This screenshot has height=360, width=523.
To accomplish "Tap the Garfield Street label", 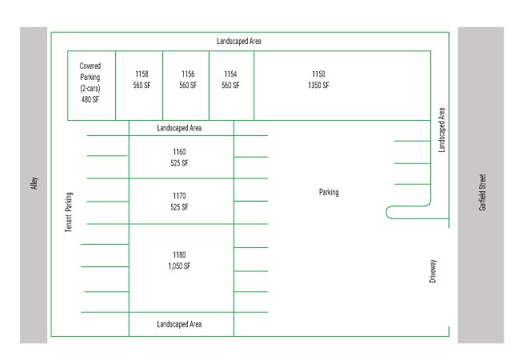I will (x=481, y=192).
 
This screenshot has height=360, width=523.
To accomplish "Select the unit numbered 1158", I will (x=142, y=74).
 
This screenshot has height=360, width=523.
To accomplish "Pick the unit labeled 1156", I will (x=188, y=74).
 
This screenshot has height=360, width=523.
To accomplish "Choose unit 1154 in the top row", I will (x=230, y=74).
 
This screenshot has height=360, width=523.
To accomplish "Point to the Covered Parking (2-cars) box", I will (x=90, y=82).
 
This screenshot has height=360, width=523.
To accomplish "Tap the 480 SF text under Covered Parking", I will (x=90, y=100).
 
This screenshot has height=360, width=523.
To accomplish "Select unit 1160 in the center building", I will (x=179, y=151).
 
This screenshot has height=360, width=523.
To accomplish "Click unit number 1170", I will (x=179, y=195).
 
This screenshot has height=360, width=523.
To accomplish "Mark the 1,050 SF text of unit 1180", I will (x=179, y=266).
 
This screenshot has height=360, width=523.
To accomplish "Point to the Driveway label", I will (x=433, y=271).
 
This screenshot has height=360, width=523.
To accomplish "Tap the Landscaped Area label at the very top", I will (x=239, y=41).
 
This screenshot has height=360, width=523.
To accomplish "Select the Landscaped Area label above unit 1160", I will (x=179, y=128).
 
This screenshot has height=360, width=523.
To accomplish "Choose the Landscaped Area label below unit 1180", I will (x=179, y=324).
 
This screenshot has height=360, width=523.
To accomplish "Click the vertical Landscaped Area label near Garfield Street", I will (x=441, y=130).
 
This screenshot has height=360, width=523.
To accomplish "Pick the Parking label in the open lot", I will (x=329, y=192).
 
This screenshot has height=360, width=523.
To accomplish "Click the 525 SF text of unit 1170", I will (x=179, y=207).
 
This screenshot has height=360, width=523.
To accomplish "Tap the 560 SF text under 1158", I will (x=142, y=85).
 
